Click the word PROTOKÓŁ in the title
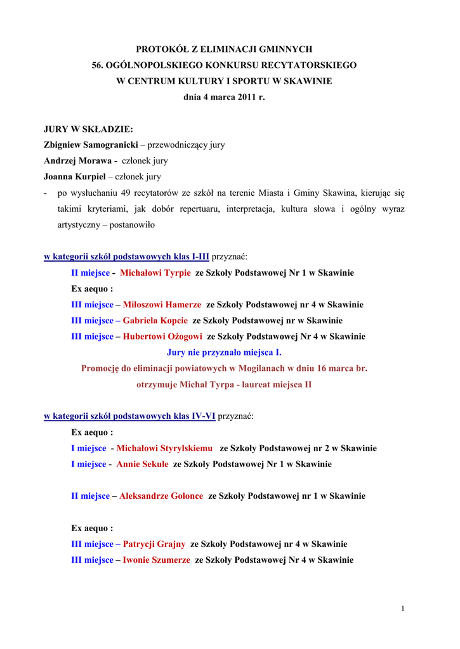(159, 49)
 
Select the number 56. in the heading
(99, 65)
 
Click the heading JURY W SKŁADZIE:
(88, 129)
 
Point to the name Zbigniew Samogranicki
(91, 145)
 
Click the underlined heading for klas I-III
(126, 257)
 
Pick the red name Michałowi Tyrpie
(155, 273)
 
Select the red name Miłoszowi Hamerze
(162, 304)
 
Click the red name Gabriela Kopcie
(155, 320)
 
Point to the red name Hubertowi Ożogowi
(162, 337)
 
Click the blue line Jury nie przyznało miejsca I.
(224, 352)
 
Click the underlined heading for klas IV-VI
(129, 416)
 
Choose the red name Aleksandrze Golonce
(161, 496)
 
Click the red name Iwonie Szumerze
(156, 560)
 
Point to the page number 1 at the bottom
(402, 609)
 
